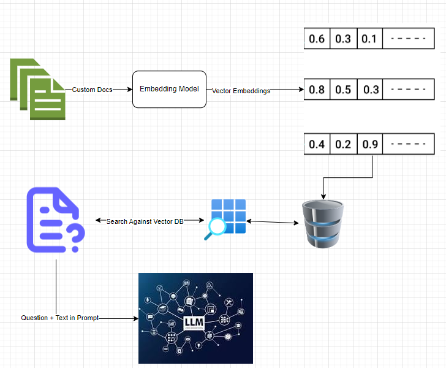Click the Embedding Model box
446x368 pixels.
click(169, 89)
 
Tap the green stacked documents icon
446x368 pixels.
click(36, 89)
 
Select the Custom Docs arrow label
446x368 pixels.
click(92, 90)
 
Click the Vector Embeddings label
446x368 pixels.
click(241, 91)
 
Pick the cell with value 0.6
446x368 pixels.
click(317, 39)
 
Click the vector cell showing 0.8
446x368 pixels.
click(317, 90)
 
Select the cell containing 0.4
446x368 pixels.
click(317, 145)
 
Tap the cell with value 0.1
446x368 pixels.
click(369, 39)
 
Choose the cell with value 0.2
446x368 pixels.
click(343, 145)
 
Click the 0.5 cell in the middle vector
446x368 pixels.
click(343, 90)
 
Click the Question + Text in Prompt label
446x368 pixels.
click(59, 318)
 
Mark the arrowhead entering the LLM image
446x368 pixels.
click(135, 318)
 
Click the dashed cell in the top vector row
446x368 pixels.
click(404, 39)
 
